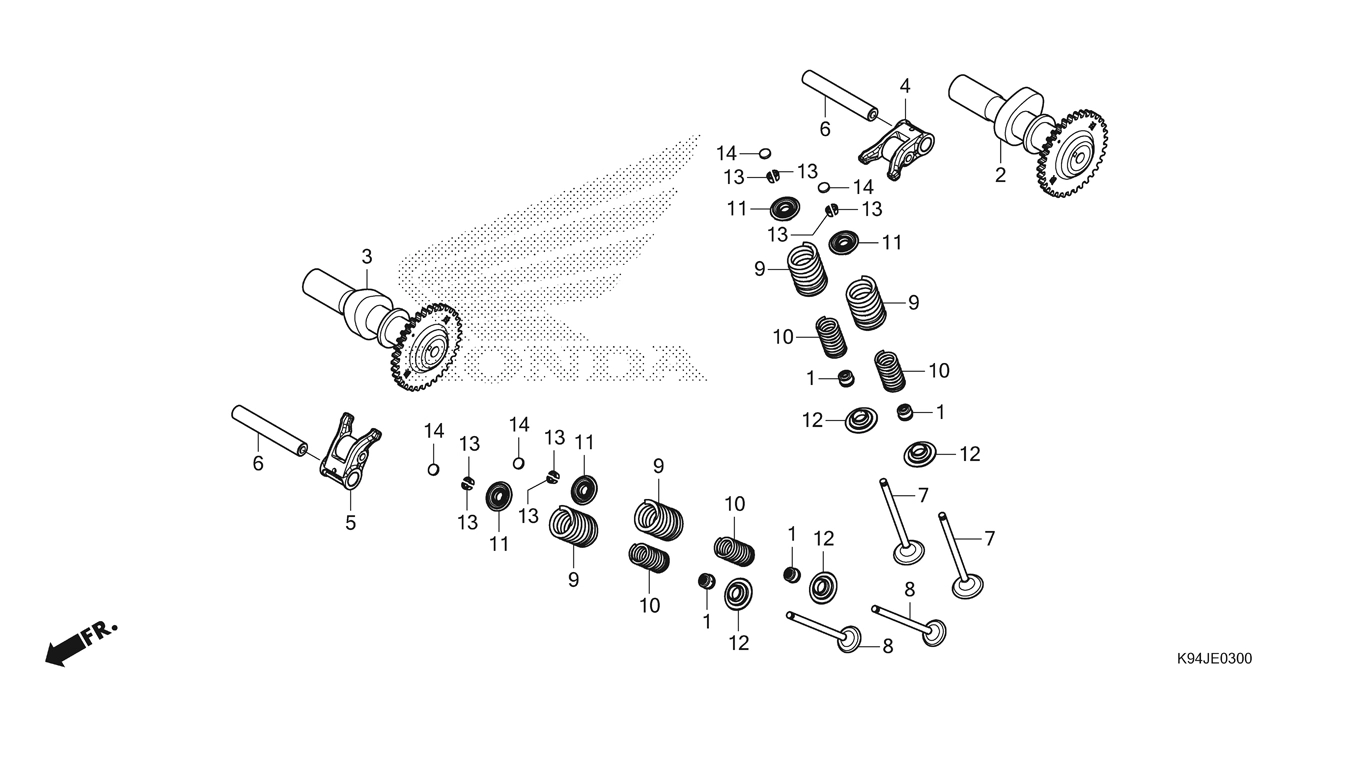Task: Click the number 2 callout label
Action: [1000, 176]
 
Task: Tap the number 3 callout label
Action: [367, 257]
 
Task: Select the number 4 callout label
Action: [904, 86]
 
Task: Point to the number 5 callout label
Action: [350, 522]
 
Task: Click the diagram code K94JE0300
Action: [1213, 659]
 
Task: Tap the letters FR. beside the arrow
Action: [100, 633]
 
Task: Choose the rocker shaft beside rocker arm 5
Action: [270, 428]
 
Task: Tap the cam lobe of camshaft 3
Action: [368, 310]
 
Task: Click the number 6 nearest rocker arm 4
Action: [825, 129]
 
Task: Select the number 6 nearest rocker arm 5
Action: [258, 464]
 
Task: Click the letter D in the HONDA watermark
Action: [612, 364]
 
